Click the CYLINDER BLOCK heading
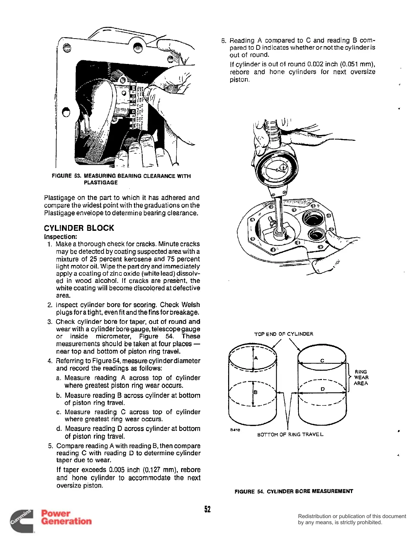[x=79, y=228]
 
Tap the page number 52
[x=207, y=509]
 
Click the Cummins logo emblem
[x=21, y=521]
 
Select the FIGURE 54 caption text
[x=293, y=491]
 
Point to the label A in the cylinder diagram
[x=256, y=358]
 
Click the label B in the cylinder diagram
[x=256, y=392]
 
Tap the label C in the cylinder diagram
[x=322, y=361]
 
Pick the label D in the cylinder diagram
[x=323, y=389]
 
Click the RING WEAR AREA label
[x=361, y=378]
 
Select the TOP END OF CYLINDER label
[x=284, y=334]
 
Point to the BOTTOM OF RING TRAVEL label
[x=290, y=434]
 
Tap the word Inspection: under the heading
[x=61, y=237]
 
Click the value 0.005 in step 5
[x=117, y=470]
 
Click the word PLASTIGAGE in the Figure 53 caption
[x=101, y=182]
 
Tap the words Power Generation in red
[x=66, y=517]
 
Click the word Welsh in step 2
[x=191, y=305]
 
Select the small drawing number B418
[x=235, y=430]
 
